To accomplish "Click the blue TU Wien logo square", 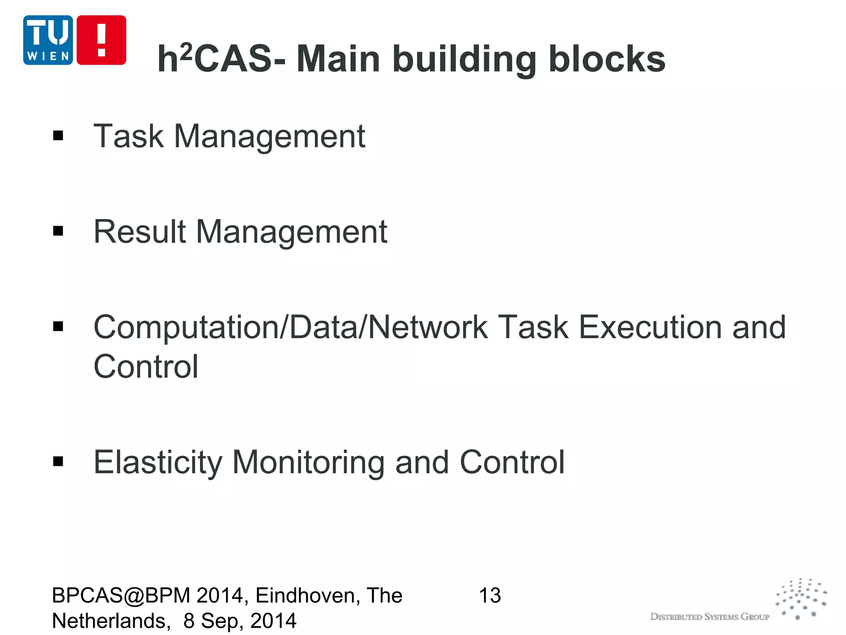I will tap(48, 40).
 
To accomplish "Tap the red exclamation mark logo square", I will tap(101, 40).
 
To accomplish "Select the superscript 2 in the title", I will tap(187, 52).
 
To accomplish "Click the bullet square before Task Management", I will tap(58, 136).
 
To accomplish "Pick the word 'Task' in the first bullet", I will tap(128, 136).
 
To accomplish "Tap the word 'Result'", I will tap(140, 232).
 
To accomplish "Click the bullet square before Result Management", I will tap(58, 231).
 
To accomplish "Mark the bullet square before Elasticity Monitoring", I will tap(58, 461).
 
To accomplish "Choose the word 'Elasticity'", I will tap(158, 463).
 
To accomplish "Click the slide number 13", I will tap(490, 596).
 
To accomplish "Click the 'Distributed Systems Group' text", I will tap(710, 617).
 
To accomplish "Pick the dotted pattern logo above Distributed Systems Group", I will tap(801, 599).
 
